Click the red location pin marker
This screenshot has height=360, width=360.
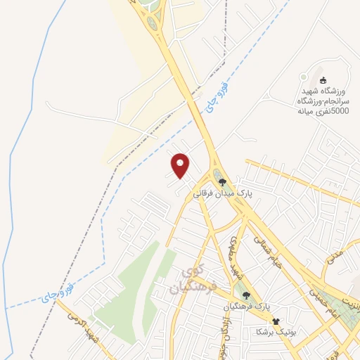pos(181,165)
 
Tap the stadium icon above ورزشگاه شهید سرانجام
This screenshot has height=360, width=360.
pos(323,80)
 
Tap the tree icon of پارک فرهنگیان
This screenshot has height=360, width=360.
pos(246,296)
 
